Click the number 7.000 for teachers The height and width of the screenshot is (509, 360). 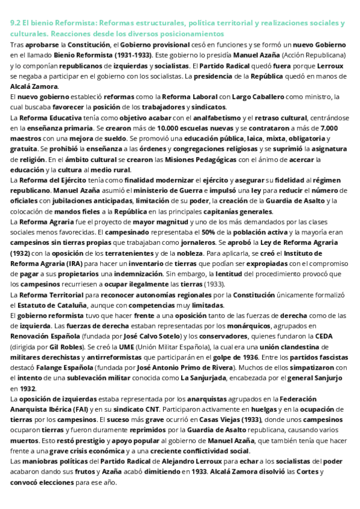[329, 128]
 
